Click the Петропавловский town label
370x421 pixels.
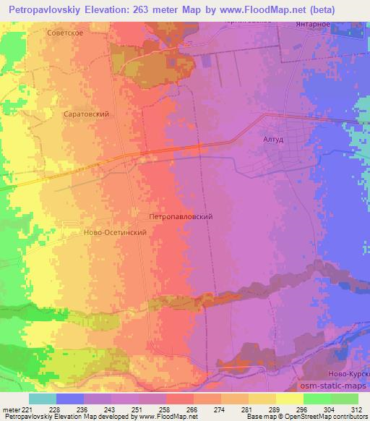point(180,216)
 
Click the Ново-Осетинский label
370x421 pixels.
point(116,233)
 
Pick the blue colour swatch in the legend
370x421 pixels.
point(70,399)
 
